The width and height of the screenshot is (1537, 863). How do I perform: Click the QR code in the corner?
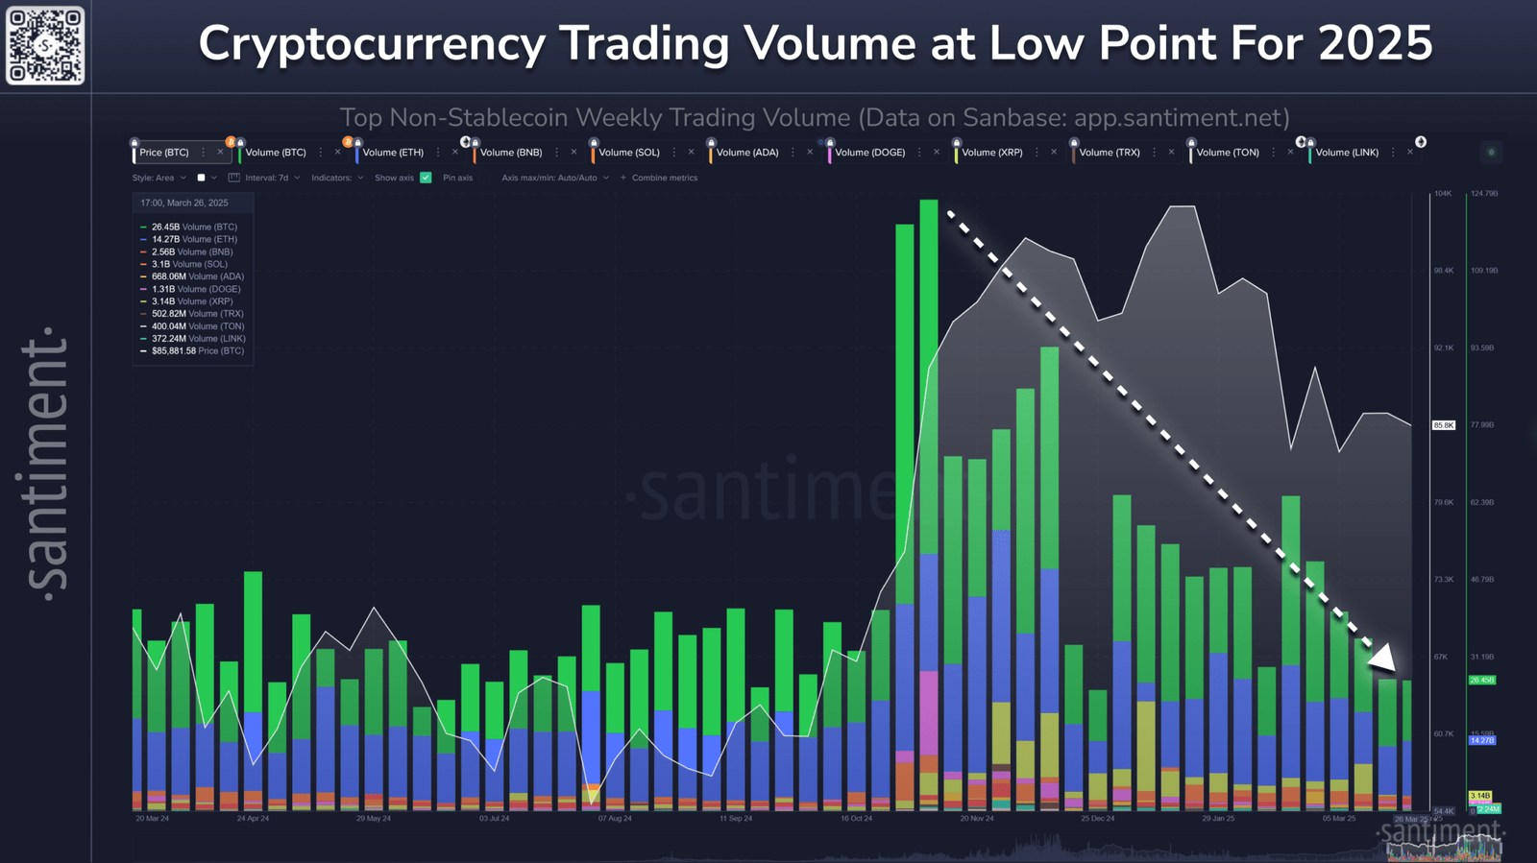click(x=45, y=45)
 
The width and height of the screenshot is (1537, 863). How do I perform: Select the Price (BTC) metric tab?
click(x=164, y=153)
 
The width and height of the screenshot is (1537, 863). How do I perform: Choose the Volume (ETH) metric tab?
click(x=392, y=153)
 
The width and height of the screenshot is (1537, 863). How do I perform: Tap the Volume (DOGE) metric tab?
click(x=869, y=153)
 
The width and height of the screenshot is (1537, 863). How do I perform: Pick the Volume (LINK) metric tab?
click(x=1346, y=153)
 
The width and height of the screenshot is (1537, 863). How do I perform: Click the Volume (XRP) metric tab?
click(x=991, y=153)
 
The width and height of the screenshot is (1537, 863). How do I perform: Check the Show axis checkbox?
click(x=426, y=178)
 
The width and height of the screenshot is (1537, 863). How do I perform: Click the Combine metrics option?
click(x=664, y=178)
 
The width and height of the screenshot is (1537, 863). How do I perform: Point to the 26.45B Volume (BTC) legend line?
click(x=193, y=228)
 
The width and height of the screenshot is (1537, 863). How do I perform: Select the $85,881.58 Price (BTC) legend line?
click(x=197, y=351)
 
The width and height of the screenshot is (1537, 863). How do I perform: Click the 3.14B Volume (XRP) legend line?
click(x=191, y=301)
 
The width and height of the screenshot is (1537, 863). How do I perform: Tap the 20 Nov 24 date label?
click(x=977, y=819)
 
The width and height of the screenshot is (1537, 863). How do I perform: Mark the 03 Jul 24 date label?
click(x=494, y=819)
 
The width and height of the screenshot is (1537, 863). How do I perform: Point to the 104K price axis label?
click(x=1443, y=194)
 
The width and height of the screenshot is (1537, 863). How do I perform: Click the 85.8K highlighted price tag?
click(x=1444, y=425)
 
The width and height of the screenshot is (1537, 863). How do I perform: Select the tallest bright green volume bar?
click(x=928, y=384)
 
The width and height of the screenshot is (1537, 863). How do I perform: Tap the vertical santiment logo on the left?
click(x=46, y=461)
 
